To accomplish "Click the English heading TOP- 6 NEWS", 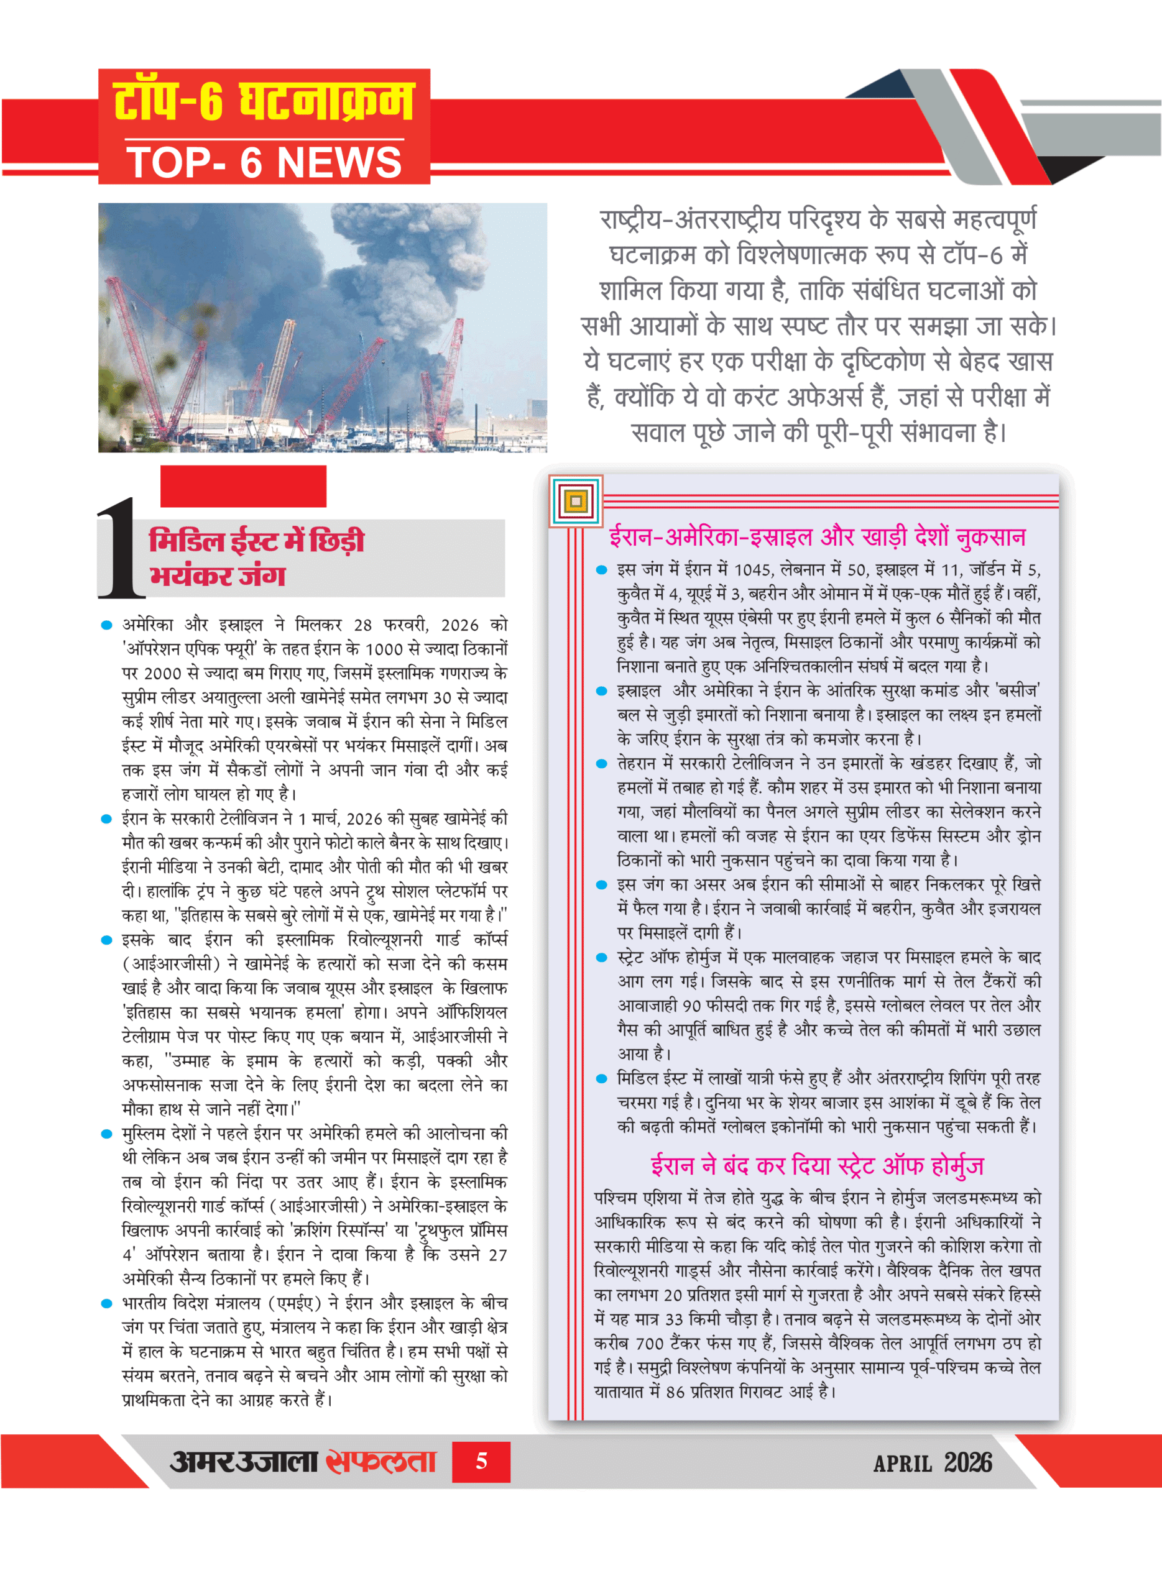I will coord(264,162).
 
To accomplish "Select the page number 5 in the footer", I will coord(481,1462).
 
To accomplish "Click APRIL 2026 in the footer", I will coord(932,1463).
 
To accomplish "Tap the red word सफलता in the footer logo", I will coord(380,1462).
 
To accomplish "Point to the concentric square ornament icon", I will coord(576,502).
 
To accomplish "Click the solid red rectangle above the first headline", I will coord(243,486).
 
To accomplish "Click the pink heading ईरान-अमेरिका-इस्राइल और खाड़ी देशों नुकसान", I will coord(817,537).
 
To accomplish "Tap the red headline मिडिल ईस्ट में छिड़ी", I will coord(257,541).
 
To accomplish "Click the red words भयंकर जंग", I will coord(218,575).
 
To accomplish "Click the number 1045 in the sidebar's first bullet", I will coord(754,569).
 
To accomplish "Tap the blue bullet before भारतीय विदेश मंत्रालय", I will coord(107,1303).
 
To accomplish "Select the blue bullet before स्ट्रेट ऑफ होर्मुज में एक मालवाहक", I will coord(601,958).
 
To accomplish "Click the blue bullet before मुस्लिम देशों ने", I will coord(107,1134).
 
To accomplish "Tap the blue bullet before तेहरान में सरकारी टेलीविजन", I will coord(601,764).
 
